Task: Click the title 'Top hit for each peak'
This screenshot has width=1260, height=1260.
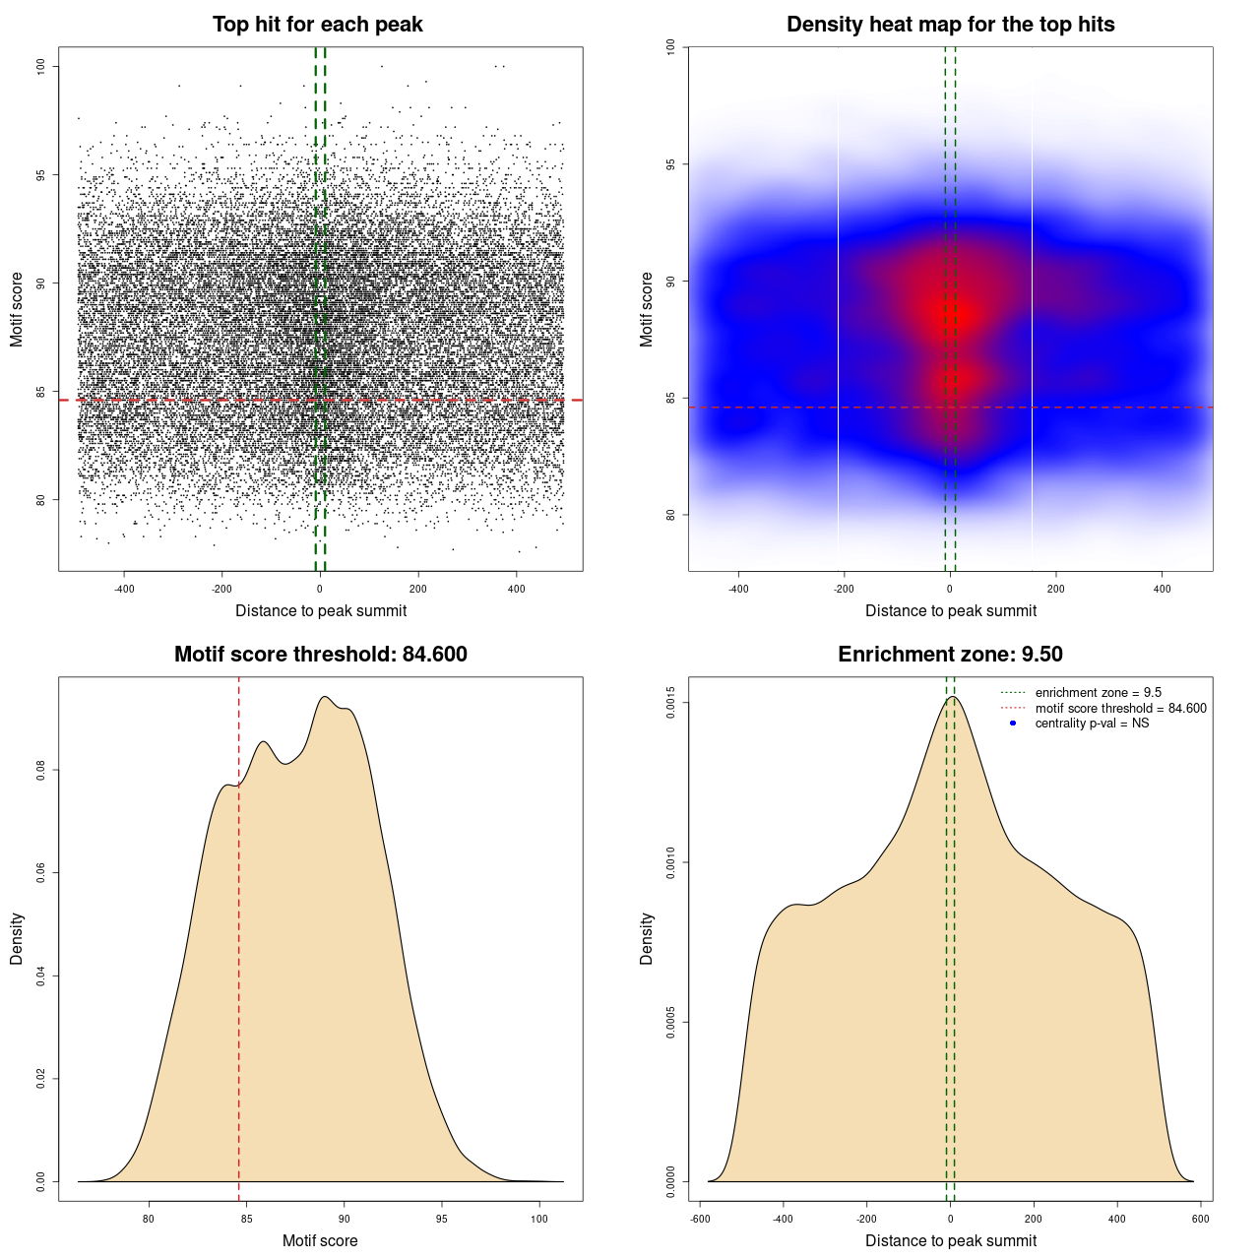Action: pyautogui.click(x=318, y=25)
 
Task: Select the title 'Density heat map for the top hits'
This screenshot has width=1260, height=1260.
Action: pyautogui.click(x=950, y=25)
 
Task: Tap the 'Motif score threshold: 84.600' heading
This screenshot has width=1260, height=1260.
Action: pyautogui.click(x=320, y=655)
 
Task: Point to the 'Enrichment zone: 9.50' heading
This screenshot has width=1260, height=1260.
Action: pyautogui.click(x=950, y=655)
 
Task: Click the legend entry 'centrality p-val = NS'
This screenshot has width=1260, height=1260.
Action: pyautogui.click(x=1092, y=724)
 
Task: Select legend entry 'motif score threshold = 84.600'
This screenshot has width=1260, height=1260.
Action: pyautogui.click(x=1120, y=709)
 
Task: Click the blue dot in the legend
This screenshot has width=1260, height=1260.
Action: pyautogui.click(x=1013, y=724)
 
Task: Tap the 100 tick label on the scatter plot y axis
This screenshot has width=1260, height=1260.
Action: pyautogui.click(x=40, y=66)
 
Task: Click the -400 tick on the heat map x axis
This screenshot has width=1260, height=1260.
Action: pyautogui.click(x=738, y=590)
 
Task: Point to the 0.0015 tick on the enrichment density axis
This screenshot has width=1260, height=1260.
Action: pyautogui.click(x=670, y=703)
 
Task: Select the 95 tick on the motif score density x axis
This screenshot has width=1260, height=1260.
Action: pyautogui.click(x=442, y=1219)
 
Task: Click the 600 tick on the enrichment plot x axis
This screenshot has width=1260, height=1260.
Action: pyautogui.click(x=1201, y=1219)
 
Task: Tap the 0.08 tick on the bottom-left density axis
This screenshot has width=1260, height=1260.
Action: pyautogui.click(x=40, y=770)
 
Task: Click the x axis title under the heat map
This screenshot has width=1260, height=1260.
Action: pyautogui.click(x=950, y=611)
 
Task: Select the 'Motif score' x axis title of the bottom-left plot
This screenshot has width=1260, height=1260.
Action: pyautogui.click(x=320, y=1241)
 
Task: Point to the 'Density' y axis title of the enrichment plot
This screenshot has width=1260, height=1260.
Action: pyautogui.click(x=647, y=938)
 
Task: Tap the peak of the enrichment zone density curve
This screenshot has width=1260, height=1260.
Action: pyautogui.click(x=952, y=697)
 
